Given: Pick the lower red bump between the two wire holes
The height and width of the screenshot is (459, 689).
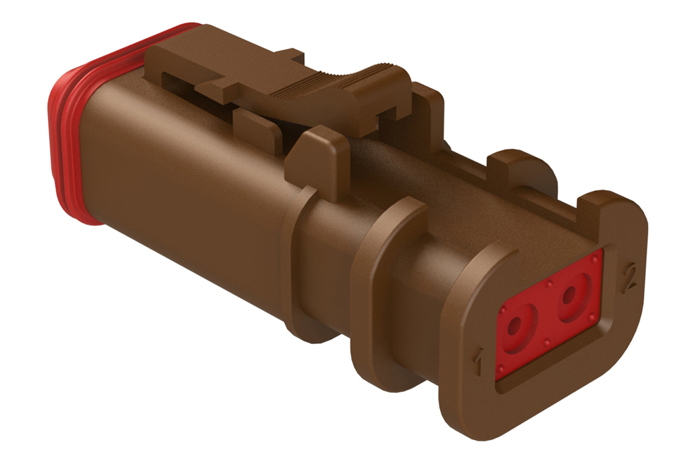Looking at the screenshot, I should click(x=547, y=341).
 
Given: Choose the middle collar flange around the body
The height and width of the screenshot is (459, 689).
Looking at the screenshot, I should click(x=377, y=267).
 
